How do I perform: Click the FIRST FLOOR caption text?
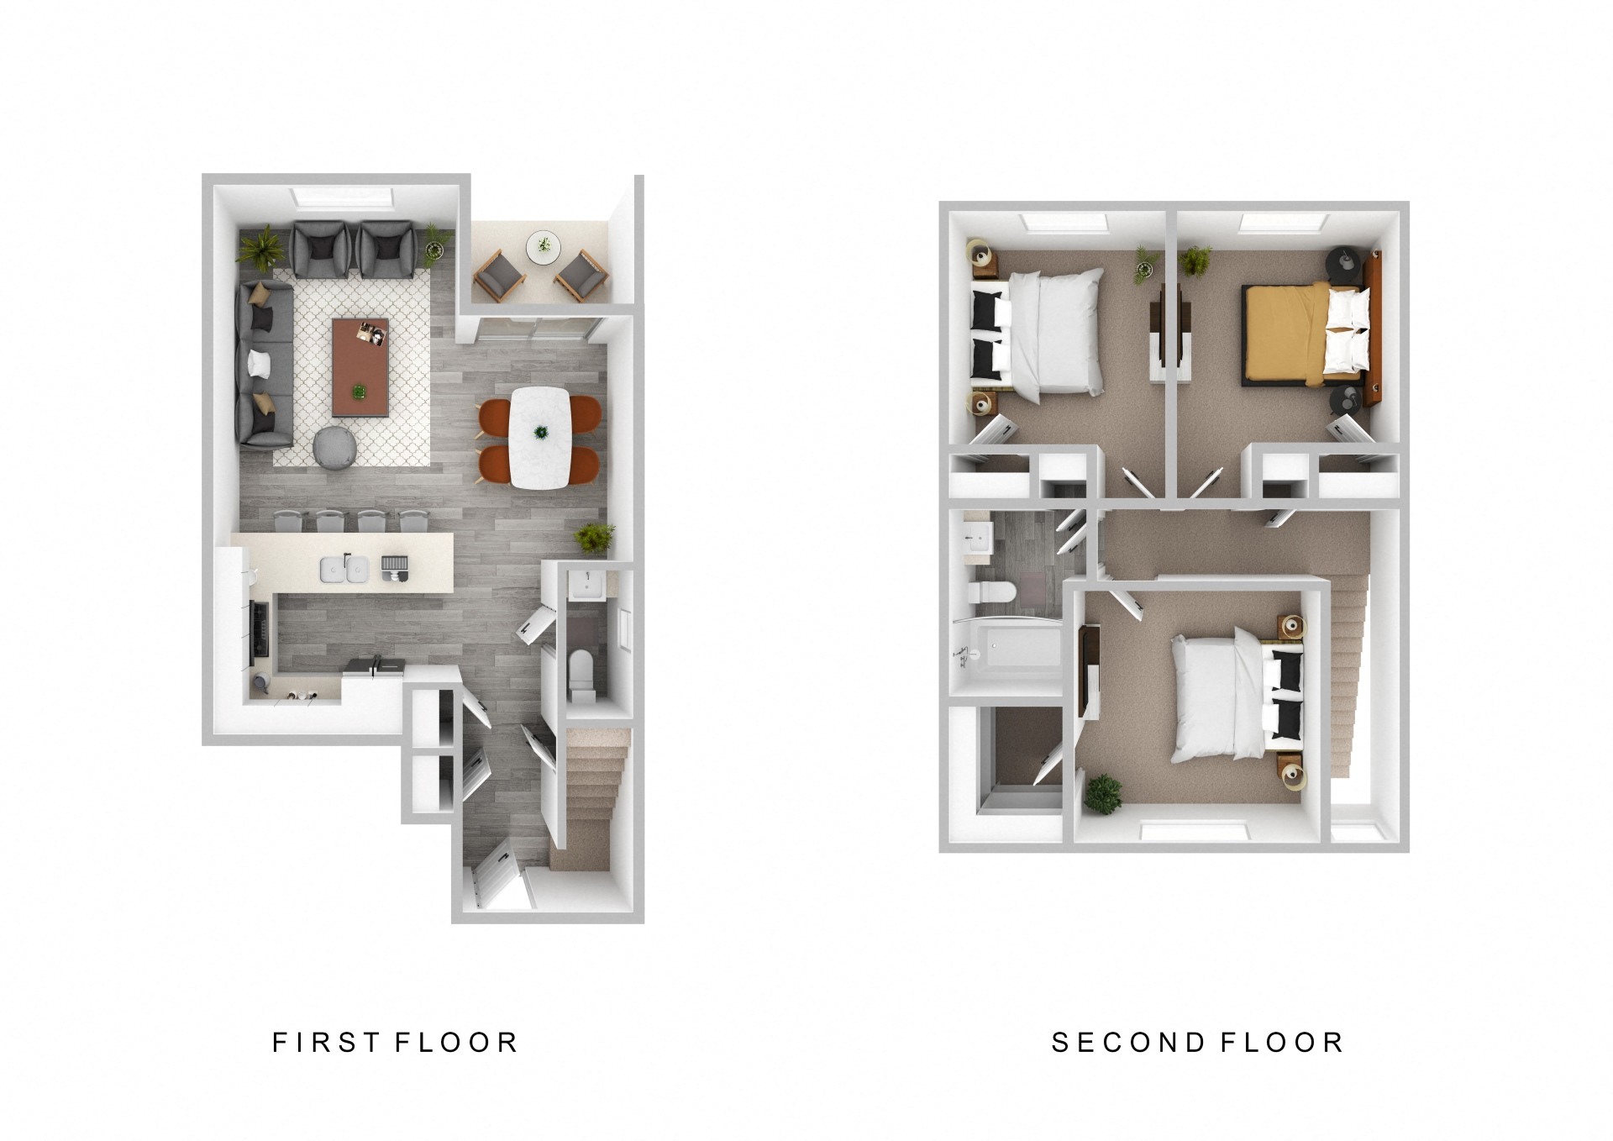(394, 1043)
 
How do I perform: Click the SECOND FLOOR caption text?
(1197, 1043)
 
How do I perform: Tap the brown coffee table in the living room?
(360, 366)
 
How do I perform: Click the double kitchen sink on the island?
(344, 570)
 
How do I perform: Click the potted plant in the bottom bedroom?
(1102, 793)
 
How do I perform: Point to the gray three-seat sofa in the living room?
(265, 363)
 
